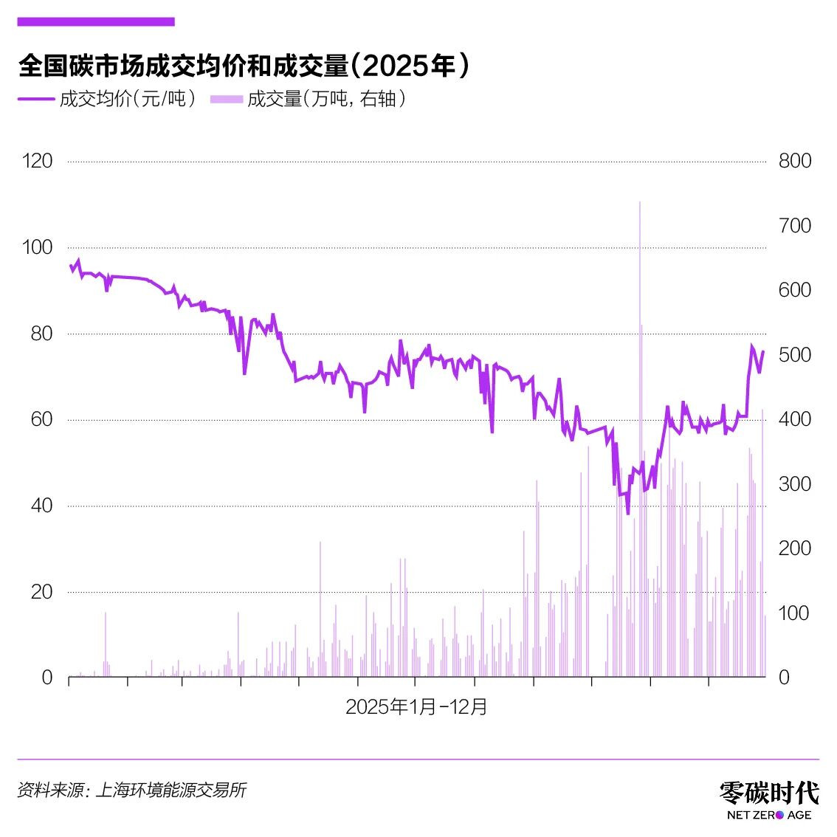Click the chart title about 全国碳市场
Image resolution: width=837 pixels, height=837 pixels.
click(x=244, y=66)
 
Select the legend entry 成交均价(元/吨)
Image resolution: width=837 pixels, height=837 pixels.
click(x=108, y=99)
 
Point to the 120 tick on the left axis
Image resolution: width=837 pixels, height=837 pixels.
click(x=38, y=161)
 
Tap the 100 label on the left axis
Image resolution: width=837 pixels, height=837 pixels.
click(x=38, y=247)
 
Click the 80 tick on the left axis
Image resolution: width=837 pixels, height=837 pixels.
click(x=41, y=334)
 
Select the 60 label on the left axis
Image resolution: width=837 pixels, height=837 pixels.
click(x=41, y=419)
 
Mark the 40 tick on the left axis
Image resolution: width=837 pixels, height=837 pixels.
click(x=41, y=506)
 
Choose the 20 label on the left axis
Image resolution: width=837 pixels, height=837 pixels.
click(x=41, y=592)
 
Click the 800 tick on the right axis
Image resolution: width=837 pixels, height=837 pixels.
click(x=795, y=161)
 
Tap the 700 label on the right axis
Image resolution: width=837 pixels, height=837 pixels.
click(x=795, y=226)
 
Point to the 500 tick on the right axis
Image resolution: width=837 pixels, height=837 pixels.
click(x=795, y=355)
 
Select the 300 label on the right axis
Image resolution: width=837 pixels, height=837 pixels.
click(x=795, y=484)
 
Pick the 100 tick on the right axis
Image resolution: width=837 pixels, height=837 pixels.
click(x=795, y=613)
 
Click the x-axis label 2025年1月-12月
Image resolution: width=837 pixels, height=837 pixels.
click(x=417, y=707)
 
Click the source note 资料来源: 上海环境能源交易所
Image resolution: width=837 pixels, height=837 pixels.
click(x=131, y=790)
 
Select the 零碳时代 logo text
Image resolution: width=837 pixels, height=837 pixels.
click(x=769, y=793)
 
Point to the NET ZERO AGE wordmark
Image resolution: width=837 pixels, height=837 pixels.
click(x=769, y=815)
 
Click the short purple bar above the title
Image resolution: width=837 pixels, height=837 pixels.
click(x=96, y=22)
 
